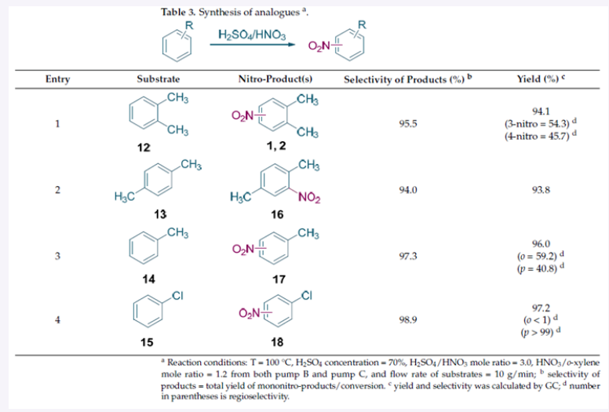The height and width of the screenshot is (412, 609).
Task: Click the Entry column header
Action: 57,79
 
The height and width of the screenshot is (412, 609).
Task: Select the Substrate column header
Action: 158,79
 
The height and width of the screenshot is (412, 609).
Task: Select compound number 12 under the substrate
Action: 143,147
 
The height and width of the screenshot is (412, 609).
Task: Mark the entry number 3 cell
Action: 57,256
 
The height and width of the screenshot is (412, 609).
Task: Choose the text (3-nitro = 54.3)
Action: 538,124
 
